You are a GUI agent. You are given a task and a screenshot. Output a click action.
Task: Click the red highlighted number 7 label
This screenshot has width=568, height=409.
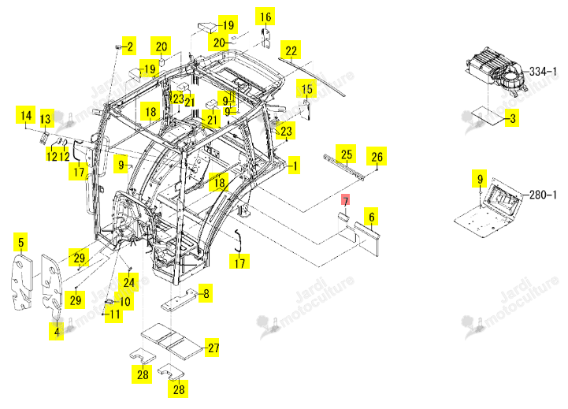click(346, 201)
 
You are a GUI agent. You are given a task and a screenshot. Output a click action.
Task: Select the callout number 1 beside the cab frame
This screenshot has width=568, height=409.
click(295, 166)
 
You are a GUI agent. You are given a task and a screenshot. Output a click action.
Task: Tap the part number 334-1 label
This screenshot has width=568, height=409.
click(542, 72)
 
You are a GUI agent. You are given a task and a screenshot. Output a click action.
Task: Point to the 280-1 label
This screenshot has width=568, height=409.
click(542, 195)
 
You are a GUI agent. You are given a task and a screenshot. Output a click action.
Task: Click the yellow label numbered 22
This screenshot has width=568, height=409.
click(291, 50)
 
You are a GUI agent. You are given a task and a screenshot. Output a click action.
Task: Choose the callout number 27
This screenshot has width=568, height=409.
click(213, 348)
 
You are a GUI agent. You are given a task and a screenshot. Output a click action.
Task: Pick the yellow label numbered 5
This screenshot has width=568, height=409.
click(21, 243)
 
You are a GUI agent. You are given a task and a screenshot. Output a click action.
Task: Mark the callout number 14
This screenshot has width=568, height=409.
click(26, 115)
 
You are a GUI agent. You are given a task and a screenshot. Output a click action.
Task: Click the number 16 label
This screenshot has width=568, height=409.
click(265, 17)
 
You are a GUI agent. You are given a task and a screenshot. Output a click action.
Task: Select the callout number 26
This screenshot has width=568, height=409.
click(377, 156)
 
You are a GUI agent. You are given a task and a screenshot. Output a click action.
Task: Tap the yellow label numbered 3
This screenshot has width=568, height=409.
click(512, 118)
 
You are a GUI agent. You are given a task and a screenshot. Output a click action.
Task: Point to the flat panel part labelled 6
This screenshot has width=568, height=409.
click(367, 239)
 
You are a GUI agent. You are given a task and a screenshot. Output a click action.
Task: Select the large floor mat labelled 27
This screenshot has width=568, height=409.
click(171, 341)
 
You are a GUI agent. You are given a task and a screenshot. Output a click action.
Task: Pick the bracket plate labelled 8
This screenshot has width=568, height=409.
click(180, 300)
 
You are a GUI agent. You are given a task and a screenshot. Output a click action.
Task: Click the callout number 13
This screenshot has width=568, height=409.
click(45, 118)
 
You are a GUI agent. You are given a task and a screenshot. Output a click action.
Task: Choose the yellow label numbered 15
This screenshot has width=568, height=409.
click(306, 88)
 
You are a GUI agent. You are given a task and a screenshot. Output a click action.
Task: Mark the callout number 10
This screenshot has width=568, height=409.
click(124, 301)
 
